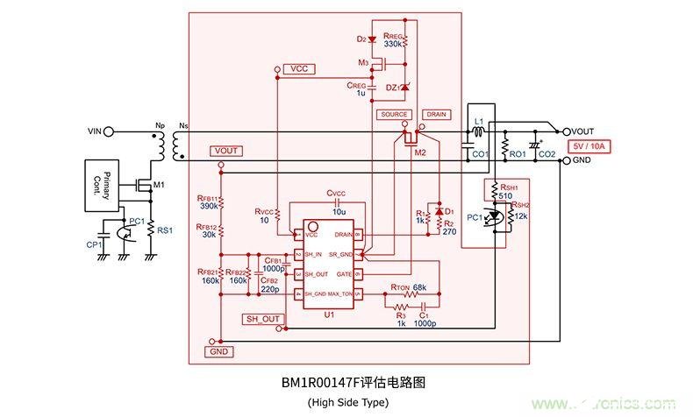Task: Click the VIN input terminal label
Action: (x=94, y=131)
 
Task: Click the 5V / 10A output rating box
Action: (x=593, y=146)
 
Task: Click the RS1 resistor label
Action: (x=163, y=230)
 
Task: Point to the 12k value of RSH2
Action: (x=522, y=216)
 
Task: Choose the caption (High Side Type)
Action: (x=346, y=402)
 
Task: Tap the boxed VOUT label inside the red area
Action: (x=226, y=151)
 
